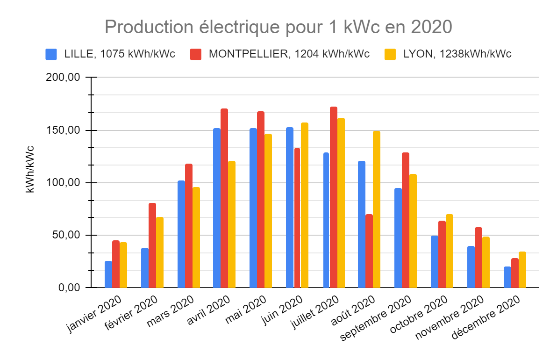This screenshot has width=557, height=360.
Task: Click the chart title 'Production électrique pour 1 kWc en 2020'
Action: point(278,27)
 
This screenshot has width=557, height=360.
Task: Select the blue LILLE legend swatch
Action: point(51,54)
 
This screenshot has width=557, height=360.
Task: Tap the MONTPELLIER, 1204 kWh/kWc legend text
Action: point(289,54)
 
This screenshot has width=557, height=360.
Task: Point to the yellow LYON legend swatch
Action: point(390,54)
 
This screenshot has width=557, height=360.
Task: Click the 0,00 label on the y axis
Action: point(70,287)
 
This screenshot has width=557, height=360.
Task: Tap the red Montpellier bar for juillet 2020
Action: point(334,197)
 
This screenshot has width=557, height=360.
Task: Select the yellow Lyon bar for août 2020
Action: point(377,209)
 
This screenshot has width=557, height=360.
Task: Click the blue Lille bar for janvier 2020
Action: point(108,274)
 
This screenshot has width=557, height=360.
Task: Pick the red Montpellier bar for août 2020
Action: point(369,251)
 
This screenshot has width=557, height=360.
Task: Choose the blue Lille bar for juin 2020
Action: point(290,207)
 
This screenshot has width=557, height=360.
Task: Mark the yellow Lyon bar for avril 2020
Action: point(232,224)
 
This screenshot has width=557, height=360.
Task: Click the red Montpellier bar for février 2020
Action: point(152,245)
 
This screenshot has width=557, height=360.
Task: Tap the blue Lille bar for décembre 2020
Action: point(507,277)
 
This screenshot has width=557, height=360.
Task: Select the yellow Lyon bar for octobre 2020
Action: point(450,251)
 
